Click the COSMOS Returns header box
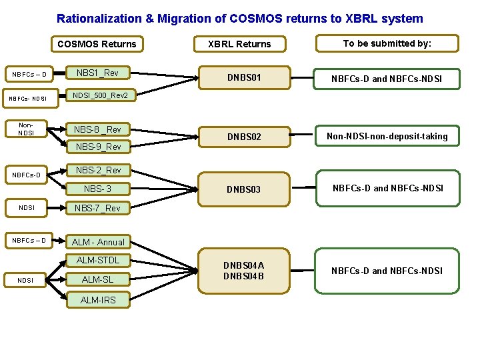tap(97, 44)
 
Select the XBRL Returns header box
tap(239, 44)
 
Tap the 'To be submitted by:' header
tap(387, 43)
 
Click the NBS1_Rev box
tap(97, 73)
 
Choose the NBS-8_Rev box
tap(97, 129)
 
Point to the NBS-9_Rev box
tap(98, 147)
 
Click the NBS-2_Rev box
tap(98, 171)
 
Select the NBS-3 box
tap(97, 189)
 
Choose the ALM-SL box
tap(97, 279)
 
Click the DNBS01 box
tap(243, 78)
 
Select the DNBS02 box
tap(243, 137)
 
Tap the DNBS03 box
tap(243, 189)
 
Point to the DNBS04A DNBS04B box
tap(243, 271)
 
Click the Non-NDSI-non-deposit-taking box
tap(387, 136)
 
